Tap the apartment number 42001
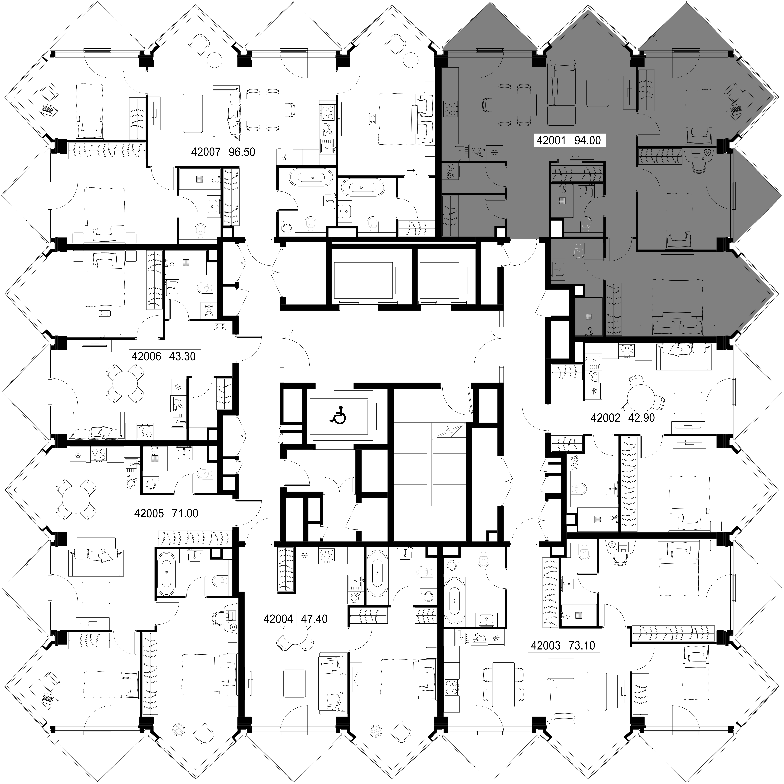click(551, 140)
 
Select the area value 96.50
click(242, 152)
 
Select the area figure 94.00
click(588, 140)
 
